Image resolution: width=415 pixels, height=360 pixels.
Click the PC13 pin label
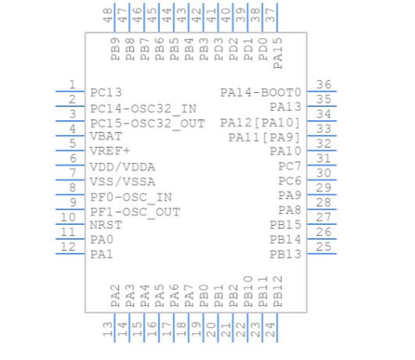click(x=106, y=92)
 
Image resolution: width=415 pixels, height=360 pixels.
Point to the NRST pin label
click(x=106, y=225)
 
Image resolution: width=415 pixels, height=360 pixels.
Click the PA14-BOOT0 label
click(x=260, y=92)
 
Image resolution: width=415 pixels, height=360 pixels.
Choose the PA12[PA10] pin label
click(x=260, y=123)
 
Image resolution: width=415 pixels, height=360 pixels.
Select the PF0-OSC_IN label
click(x=131, y=198)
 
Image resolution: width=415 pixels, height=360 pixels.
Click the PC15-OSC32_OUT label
click(x=147, y=123)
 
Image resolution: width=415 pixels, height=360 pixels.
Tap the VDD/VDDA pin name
click(x=122, y=167)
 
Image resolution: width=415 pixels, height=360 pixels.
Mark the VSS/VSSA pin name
click(x=122, y=182)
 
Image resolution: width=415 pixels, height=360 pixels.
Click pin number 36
click(x=324, y=85)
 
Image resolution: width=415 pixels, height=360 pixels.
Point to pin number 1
click(x=72, y=84)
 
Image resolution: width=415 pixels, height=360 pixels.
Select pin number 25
click(x=324, y=248)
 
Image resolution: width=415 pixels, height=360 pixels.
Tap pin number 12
click(x=69, y=247)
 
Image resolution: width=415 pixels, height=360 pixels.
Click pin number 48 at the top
click(x=108, y=14)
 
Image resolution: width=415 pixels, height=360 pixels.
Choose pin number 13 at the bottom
click(x=108, y=330)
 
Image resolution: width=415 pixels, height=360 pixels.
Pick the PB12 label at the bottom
click(x=277, y=290)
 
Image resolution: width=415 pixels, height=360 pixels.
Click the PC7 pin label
click(x=289, y=166)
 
